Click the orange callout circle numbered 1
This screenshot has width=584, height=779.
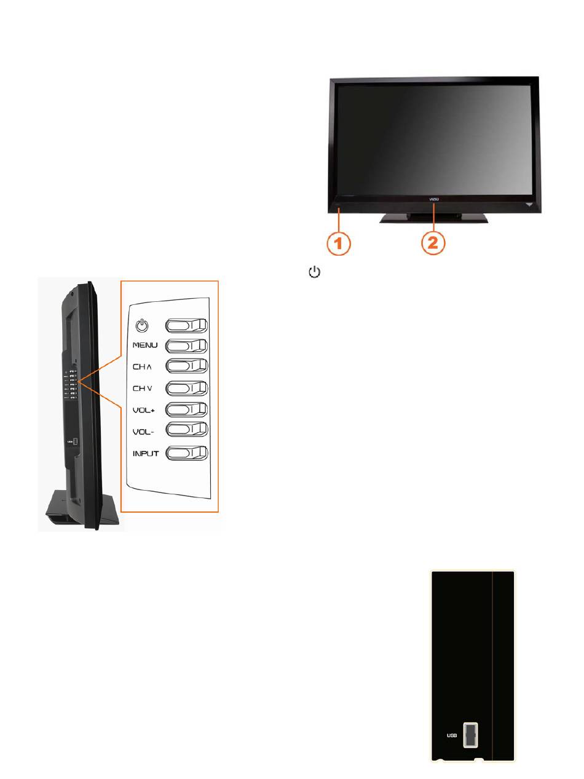click(338, 243)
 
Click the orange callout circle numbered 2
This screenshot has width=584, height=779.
click(433, 243)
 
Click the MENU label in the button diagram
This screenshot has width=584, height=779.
click(145, 346)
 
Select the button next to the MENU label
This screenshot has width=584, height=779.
click(186, 347)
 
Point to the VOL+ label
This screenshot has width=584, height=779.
click(144, 410)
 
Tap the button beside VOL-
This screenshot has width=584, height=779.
click(186, 430)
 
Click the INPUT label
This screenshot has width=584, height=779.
click(146, 454)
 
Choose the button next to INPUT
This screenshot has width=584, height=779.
click(186, 454)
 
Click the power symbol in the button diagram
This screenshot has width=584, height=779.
click(142, 325)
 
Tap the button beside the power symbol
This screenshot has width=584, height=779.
click(186, 326)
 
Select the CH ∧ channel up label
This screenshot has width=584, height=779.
click(142, 367)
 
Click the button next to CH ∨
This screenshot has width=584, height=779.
click(186, 389)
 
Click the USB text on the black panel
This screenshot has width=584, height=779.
click(452, 735)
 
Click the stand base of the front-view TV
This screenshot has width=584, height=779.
click(434, 217)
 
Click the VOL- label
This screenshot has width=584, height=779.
click(144, 432)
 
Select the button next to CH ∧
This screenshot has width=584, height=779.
click(186, 367)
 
